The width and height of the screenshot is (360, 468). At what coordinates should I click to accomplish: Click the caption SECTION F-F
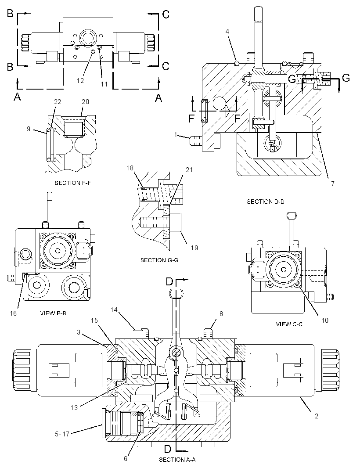point(72,183)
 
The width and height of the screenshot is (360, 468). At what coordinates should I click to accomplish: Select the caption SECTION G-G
point(159,260)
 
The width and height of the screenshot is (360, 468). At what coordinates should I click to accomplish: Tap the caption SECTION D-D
point(265,202)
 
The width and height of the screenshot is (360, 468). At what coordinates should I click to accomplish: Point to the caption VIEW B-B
point(53,313)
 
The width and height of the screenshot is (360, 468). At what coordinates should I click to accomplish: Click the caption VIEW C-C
point(289,324)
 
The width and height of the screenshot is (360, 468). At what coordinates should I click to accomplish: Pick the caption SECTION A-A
point(177,460)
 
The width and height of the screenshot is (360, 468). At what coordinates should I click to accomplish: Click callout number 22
point(58,102)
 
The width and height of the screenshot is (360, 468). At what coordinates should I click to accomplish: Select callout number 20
point(85,102)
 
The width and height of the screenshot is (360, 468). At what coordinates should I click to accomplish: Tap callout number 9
point(29,129)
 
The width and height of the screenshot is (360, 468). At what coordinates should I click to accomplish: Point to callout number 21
point(189,170)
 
